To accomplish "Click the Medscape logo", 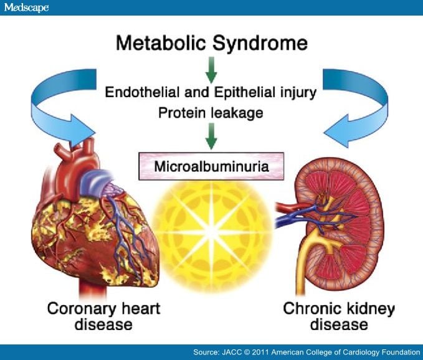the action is [26, 7].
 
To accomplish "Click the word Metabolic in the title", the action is [161, 43].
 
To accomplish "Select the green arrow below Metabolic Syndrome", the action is [211, 70].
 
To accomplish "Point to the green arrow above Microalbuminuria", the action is [211, 136].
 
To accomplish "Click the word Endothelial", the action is [142, 92].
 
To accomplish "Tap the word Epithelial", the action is [245, 92].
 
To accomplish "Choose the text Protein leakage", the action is [211, 113].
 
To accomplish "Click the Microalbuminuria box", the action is [211, 166].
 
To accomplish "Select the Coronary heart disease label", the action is [103, 316].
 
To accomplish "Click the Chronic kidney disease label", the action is [339, 316].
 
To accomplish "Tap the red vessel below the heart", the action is [92, 288].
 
